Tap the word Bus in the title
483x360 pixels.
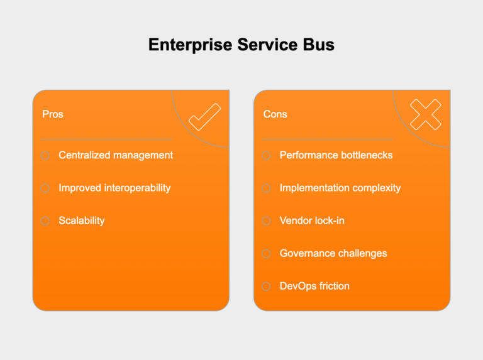(x=318, y=45)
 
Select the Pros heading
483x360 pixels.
(x=52, y=114)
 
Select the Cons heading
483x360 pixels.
(x=275, y=114)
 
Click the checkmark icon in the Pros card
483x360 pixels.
(x=204, y=116)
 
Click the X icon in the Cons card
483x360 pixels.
(x=425, y=115)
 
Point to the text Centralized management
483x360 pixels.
(x=116, y=155)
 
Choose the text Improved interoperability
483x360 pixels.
(x=114, y=188)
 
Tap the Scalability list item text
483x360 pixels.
(x=82, y=221)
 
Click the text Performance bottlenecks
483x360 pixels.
(x=336, y=155)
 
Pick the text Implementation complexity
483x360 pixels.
(x=340, y=188)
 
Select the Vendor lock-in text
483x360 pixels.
(x=312, y=221)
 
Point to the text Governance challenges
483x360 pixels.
(x=333, y=253)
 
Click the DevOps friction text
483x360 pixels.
(x=314, y=286)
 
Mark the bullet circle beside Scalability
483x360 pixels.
(x=45, y=221)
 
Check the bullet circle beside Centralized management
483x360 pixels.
(x=45, y=155)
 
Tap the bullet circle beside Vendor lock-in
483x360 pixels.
(x=266, y=221)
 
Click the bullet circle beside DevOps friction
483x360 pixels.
(x=266, y=286)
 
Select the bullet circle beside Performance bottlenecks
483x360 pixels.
(x=266, y=155)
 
